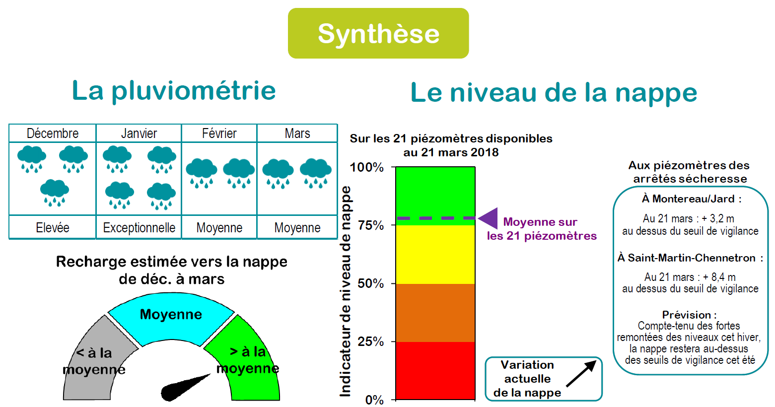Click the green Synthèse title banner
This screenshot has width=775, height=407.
[378, 33]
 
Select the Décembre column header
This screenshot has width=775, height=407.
[53, 133]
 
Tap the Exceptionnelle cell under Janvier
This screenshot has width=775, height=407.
[139, 227]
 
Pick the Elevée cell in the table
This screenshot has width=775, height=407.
[53, 227]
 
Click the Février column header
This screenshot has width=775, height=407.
[219, 133]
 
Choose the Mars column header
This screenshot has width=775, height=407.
[297, 133]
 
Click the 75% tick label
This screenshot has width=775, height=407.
[370, 225]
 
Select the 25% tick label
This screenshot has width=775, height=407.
[370, 341]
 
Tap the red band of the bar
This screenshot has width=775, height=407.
[435, 371]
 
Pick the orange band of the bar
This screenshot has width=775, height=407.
[435, 313]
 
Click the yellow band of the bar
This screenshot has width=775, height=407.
[435, 255]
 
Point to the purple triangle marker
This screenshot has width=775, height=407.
[488, 218]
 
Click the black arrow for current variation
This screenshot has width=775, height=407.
[581, 373]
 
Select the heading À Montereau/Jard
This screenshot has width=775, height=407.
[692, 199]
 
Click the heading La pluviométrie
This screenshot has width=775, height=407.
[174, 91]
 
